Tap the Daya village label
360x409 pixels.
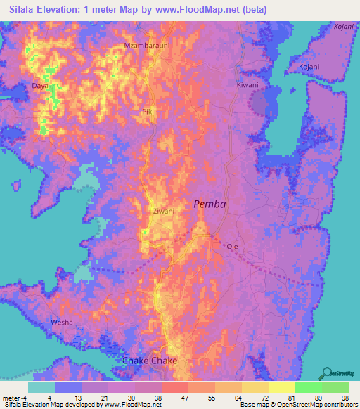(39, 86)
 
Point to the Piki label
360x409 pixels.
(148, 112)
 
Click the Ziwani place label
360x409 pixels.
(162, 210)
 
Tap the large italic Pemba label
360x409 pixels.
(210, 204)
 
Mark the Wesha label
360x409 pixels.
(62, 323)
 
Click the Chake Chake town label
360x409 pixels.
(150, 361)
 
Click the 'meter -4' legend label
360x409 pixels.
(13, 398)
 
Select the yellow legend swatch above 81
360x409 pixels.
(281, 387)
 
